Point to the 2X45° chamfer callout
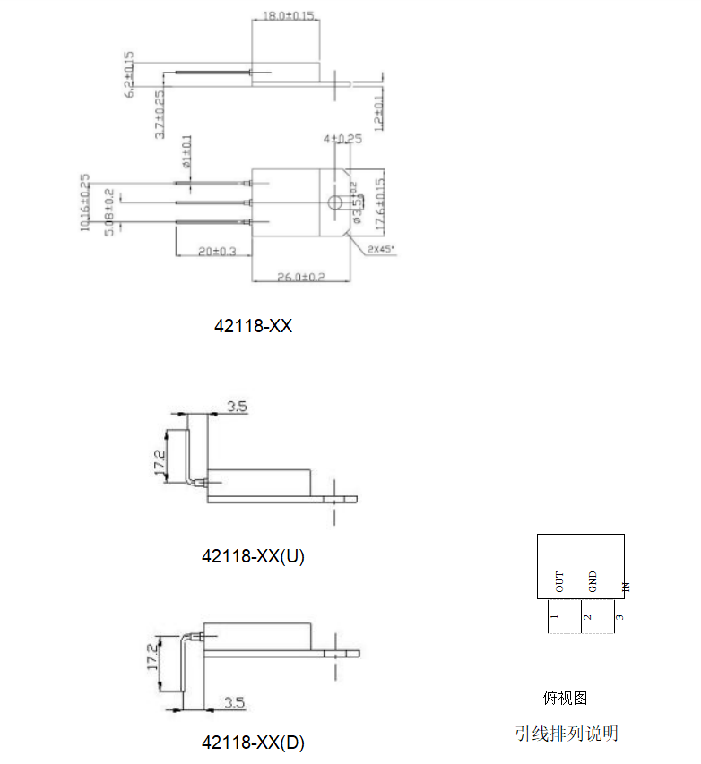coord(381,250)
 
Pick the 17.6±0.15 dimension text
coord(380,202)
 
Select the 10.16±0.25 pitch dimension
coord(86,202)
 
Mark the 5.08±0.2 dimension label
coord(109,212)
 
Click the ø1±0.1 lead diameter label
coord(186,152)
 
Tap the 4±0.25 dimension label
coord(342,139)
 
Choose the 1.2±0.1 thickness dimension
coord(378,110)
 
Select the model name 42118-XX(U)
coord(253,556)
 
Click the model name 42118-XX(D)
coord(253,743)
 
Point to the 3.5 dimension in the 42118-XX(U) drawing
coord(237,407)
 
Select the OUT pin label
coord(560,582)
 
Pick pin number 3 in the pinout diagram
coord(619,616)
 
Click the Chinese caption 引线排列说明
coord(566,734)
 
